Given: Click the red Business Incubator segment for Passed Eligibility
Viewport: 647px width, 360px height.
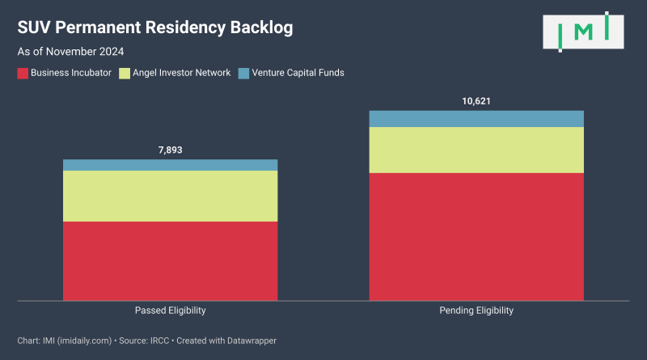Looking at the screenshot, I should [170, 260].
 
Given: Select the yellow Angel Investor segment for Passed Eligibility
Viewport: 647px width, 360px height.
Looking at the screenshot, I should [170, 196].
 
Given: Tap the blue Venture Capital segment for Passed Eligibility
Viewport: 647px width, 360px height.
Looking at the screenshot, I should [170, 165].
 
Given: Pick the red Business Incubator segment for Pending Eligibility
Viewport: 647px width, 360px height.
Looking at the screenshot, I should [476, 236].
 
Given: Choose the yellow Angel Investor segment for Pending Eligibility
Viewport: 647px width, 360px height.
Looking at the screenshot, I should [476, 150].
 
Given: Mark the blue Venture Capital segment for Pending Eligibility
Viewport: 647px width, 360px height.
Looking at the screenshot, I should [476, 119].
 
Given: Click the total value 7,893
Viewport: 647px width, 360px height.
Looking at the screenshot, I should [170, 150].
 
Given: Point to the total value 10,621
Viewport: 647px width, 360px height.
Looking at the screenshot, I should [476, 101].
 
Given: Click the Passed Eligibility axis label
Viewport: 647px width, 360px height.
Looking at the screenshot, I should [170, 311].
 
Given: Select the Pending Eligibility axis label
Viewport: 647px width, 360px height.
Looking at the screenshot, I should [476, 311].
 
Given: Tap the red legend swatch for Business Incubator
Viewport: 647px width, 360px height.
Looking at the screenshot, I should [22, 73].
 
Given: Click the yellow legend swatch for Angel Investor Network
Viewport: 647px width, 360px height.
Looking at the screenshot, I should [125, 73].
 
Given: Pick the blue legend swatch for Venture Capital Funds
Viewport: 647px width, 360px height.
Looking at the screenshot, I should [243, 73].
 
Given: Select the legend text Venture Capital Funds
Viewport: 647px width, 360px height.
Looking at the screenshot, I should [298, 73].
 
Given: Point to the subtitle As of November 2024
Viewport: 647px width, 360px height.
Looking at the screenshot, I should [70, 52].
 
